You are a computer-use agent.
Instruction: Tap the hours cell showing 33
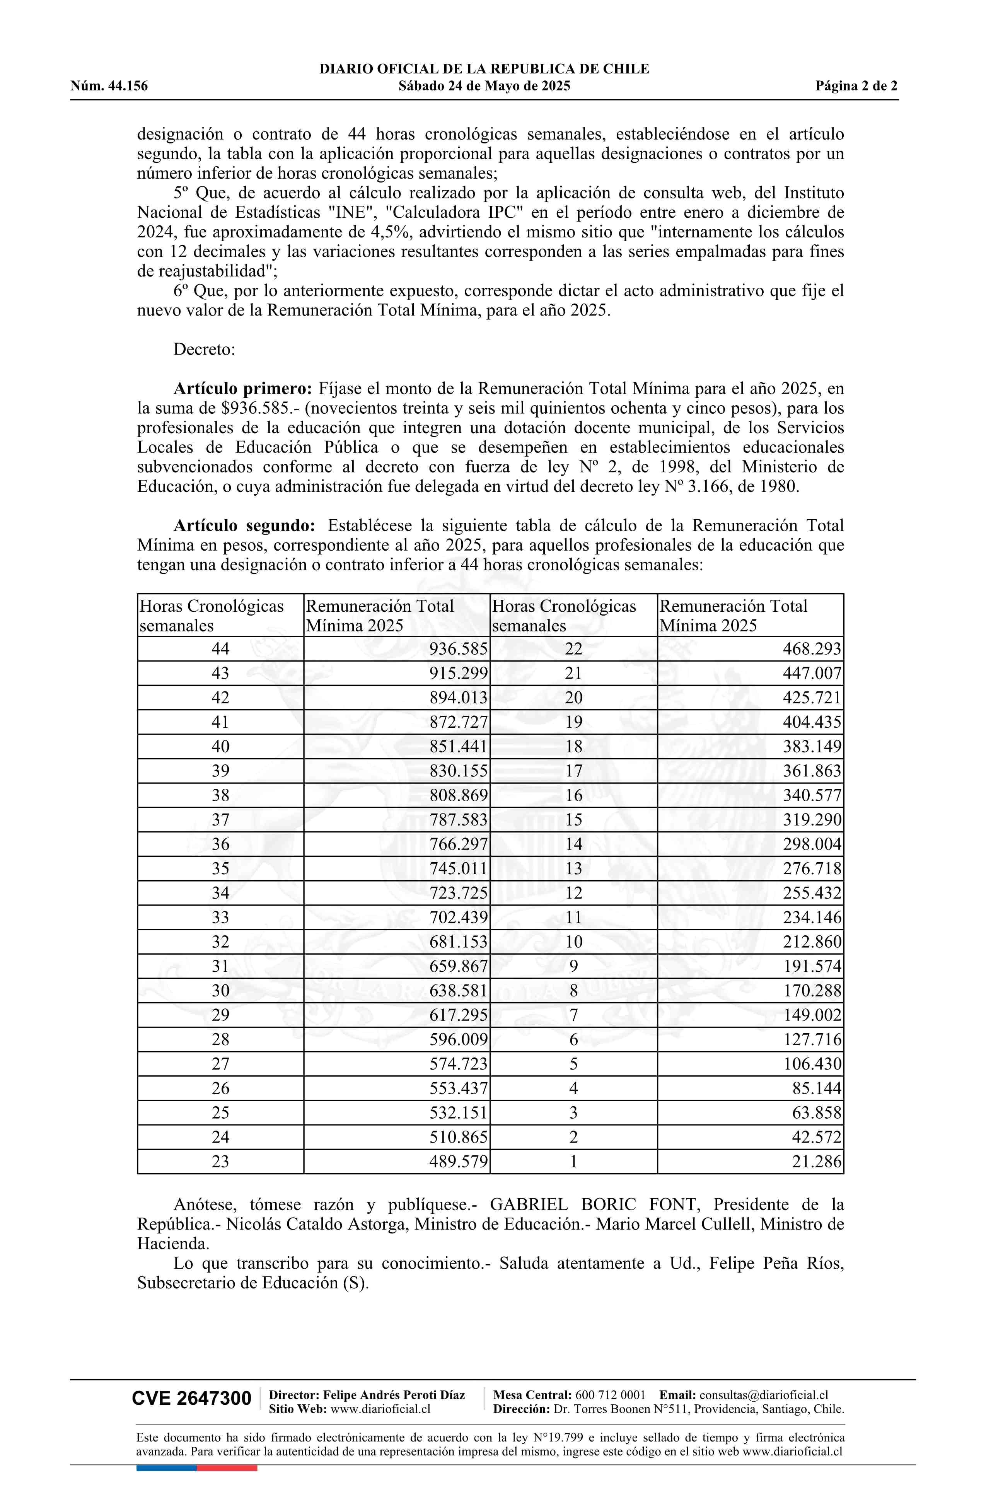click(220, 918)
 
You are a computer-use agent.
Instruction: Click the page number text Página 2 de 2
click(856, 86)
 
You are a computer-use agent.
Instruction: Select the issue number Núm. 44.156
click(109, 86)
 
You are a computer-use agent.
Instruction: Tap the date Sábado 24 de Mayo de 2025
click(484, 86)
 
